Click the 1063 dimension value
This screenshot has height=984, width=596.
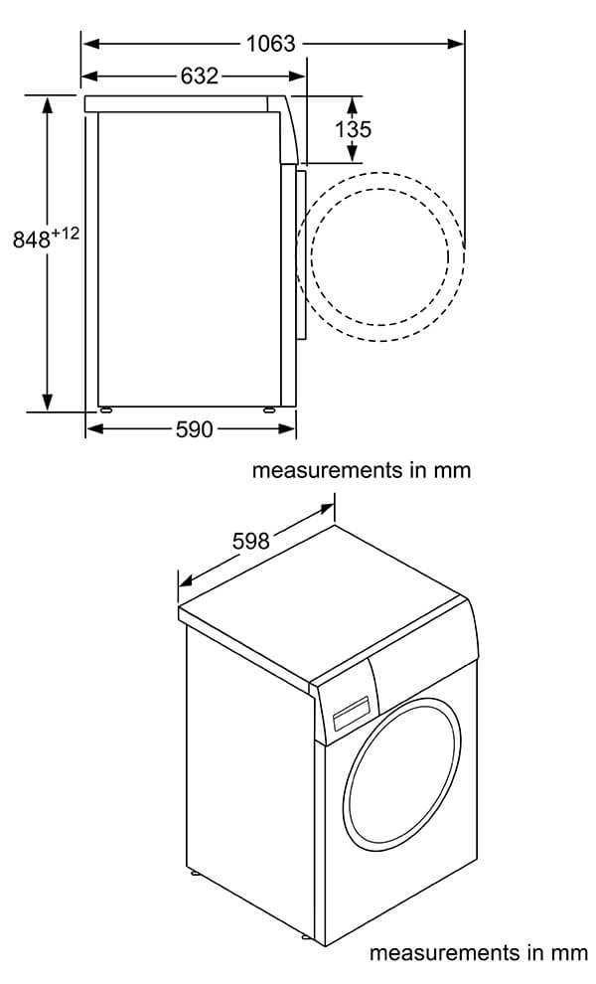[x=270, y=43]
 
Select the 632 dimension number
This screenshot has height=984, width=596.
[x=199, y=76]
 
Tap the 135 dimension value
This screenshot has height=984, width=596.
[x=353, y=128]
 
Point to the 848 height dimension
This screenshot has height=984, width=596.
[x=32, y=241]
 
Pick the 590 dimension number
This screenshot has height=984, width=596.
[x=194, y=429]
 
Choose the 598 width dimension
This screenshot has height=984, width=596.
[x=251, y=541]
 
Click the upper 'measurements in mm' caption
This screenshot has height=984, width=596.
[x=361, y=470]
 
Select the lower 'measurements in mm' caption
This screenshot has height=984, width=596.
[x=479, y=953]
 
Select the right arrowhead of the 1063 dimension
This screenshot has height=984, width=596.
[x=458, y=44]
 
